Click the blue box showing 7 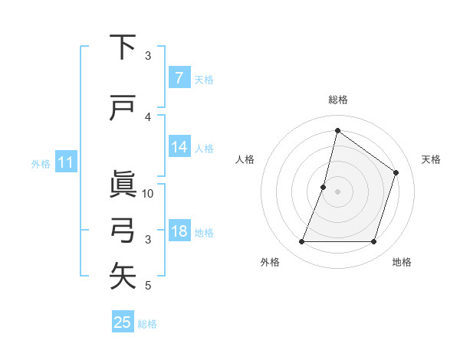pos(179,77)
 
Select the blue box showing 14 pos(179,147)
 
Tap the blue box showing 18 pos(179,232)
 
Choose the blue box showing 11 pos(65,162)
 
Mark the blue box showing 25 pos(123,322)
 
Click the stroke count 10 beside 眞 pos(148,193)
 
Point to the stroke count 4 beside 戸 pos(148,117)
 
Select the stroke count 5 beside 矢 pos(148,286)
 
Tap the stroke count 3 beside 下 pos(148,56)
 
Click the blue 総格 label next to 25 pos(147,324)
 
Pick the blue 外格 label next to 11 pos(40,163)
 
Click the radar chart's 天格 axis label pos(431,159)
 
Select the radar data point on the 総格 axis pos(337,130)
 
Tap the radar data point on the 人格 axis pos(324,187)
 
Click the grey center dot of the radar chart pos(337,191)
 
